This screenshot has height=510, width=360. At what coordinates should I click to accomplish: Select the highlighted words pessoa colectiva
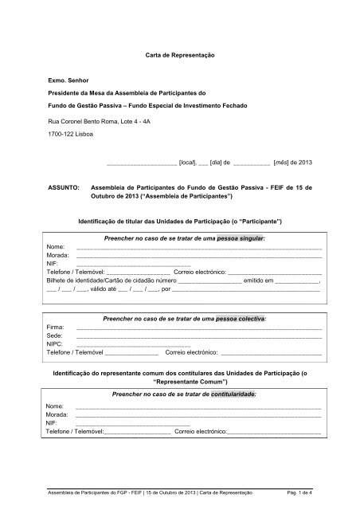click(238, 317)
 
